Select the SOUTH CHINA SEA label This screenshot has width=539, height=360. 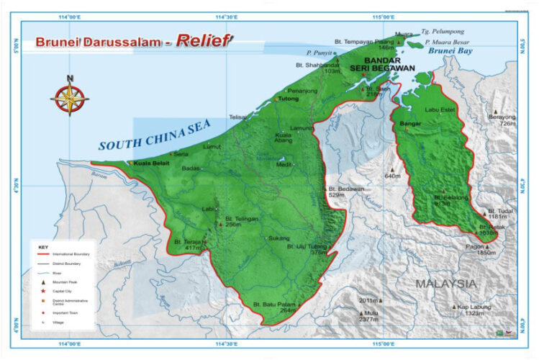[151, 135]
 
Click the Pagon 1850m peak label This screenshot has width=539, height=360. [481, 249]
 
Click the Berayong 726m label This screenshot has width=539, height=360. [503, 120]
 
